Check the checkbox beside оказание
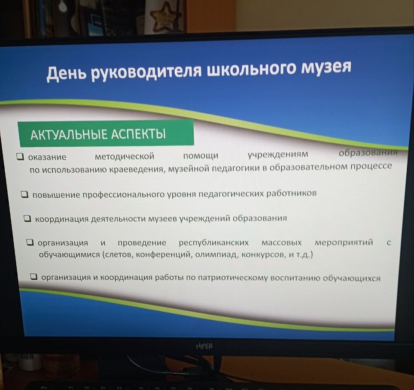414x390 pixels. (20, 157)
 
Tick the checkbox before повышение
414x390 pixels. (25, 195)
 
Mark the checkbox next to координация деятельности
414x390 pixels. (27, 219)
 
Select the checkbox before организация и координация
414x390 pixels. (34, 277)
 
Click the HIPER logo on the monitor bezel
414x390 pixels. (204, 346)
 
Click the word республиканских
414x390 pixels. (213, 243)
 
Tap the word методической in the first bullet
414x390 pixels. (125, 156)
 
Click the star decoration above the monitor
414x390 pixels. (165, 16)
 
